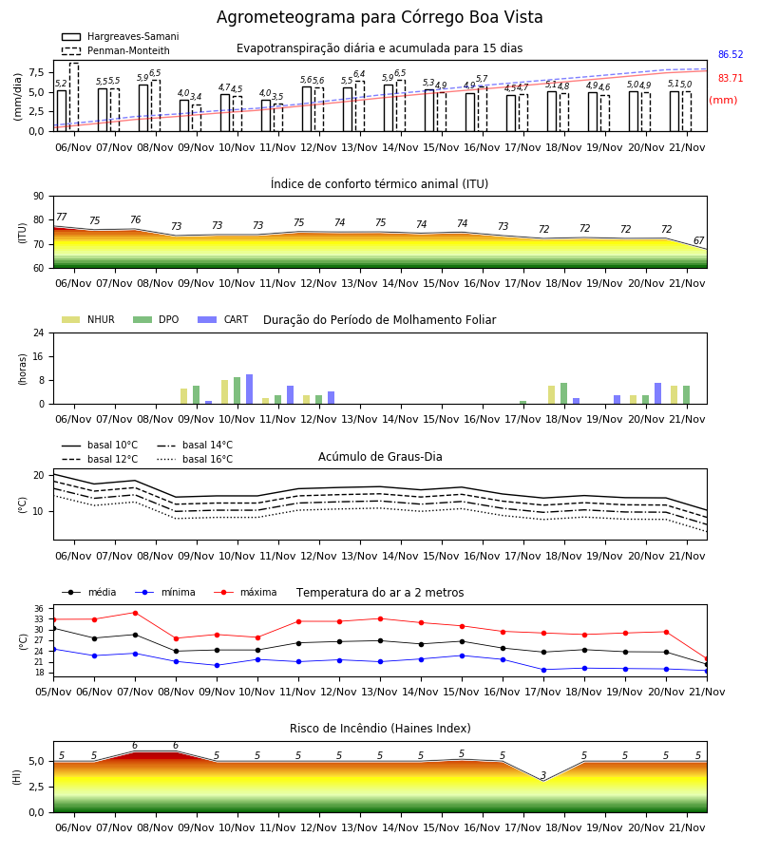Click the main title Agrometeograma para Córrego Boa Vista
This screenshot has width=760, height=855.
click(379, 17)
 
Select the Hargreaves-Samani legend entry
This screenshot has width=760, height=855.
click(121, 36)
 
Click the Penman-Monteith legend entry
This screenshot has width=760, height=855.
click(116, 50)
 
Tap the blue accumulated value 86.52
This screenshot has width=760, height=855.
click(731, 54)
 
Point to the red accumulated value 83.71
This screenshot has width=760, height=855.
click(731, 78)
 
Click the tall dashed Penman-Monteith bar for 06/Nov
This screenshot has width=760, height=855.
click(74, 97)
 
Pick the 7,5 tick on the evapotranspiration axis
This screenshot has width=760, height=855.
click(36, 72)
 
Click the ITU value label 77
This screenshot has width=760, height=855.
click(62, 217)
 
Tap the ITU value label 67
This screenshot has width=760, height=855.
click(699, 240)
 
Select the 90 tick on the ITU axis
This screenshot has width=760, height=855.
click(39, 197)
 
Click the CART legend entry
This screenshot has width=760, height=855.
click(223, 319)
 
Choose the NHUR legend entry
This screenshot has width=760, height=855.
click(88, 319)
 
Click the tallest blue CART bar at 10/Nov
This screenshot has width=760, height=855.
click(250, 389)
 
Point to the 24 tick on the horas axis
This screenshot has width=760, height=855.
click(39, 332)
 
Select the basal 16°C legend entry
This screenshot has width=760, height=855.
click(195, 459)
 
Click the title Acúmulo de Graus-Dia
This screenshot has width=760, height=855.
click(380, 457)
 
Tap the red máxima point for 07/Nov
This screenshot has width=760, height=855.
click(135, 613)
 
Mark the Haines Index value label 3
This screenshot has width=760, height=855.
click(543, 775)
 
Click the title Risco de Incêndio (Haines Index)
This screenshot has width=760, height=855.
click(380, 729)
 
